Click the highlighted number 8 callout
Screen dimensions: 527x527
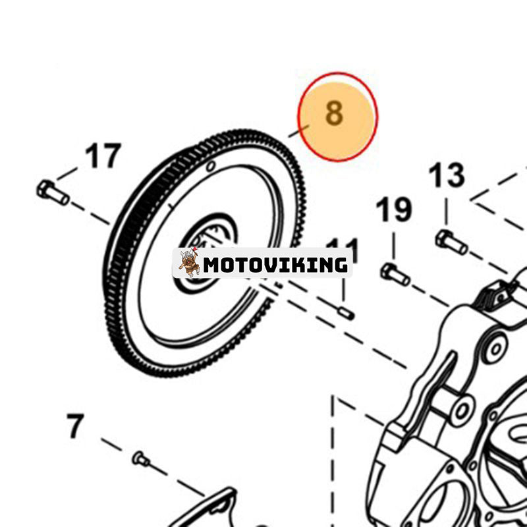(x=334, y=113)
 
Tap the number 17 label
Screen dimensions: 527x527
(x=103, y=156)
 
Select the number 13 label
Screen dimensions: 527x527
(x=447, y=176)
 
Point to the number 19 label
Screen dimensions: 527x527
(x=394, y=210)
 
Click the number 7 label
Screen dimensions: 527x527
(x=76, y=427)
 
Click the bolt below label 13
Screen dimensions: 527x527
(x=451, y=242)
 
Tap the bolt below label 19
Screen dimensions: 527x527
(x=395, y=273)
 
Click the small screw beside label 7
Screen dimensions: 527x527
(x=140, y=458)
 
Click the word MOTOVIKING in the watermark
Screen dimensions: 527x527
(x=275, y=265)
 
